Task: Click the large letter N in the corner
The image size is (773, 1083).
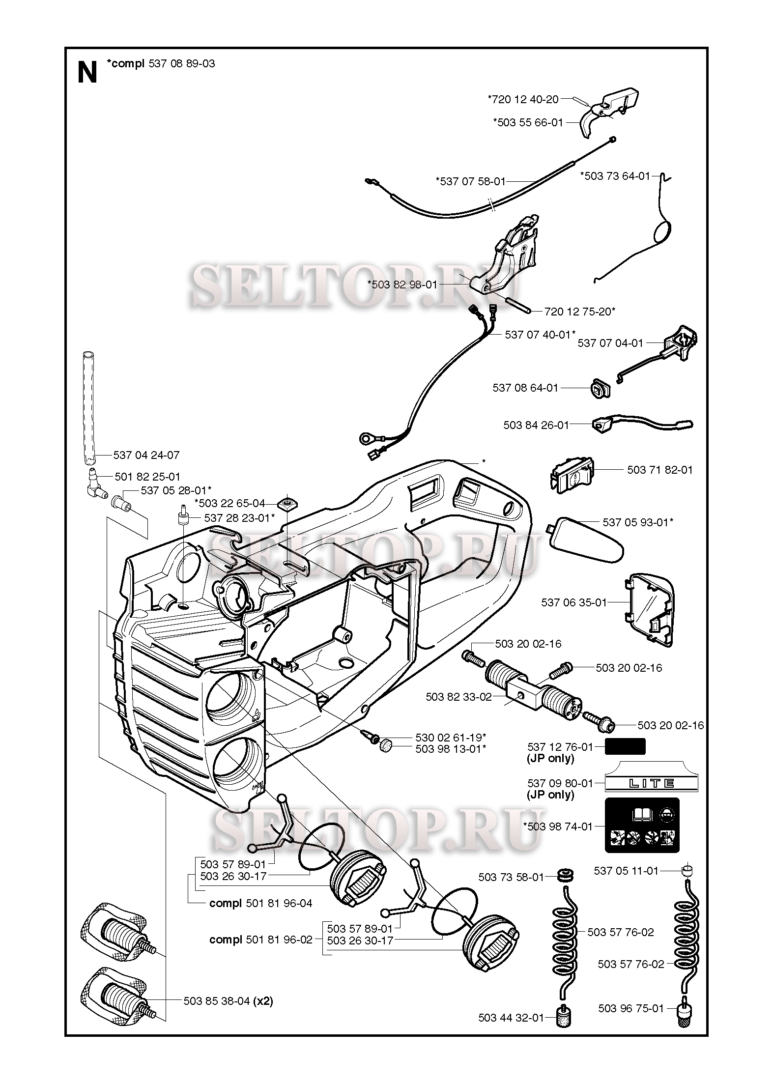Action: (x=87, y=73)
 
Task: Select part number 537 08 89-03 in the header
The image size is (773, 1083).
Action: (x=181, y=63)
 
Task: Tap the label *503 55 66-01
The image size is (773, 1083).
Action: (x=528, y=122)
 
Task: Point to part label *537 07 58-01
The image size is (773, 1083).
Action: (x=470, y=181)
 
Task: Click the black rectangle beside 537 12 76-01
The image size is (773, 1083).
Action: (x=625, y=746)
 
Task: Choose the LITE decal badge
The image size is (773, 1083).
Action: (x=651, y=783)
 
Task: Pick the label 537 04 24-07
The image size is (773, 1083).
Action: (x=146, y=455)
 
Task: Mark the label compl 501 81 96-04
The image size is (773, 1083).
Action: (x=260, y=903)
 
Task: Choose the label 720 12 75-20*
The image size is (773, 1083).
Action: (x=580, y=311)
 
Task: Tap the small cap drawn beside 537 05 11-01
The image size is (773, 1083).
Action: (x=687, y=871)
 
